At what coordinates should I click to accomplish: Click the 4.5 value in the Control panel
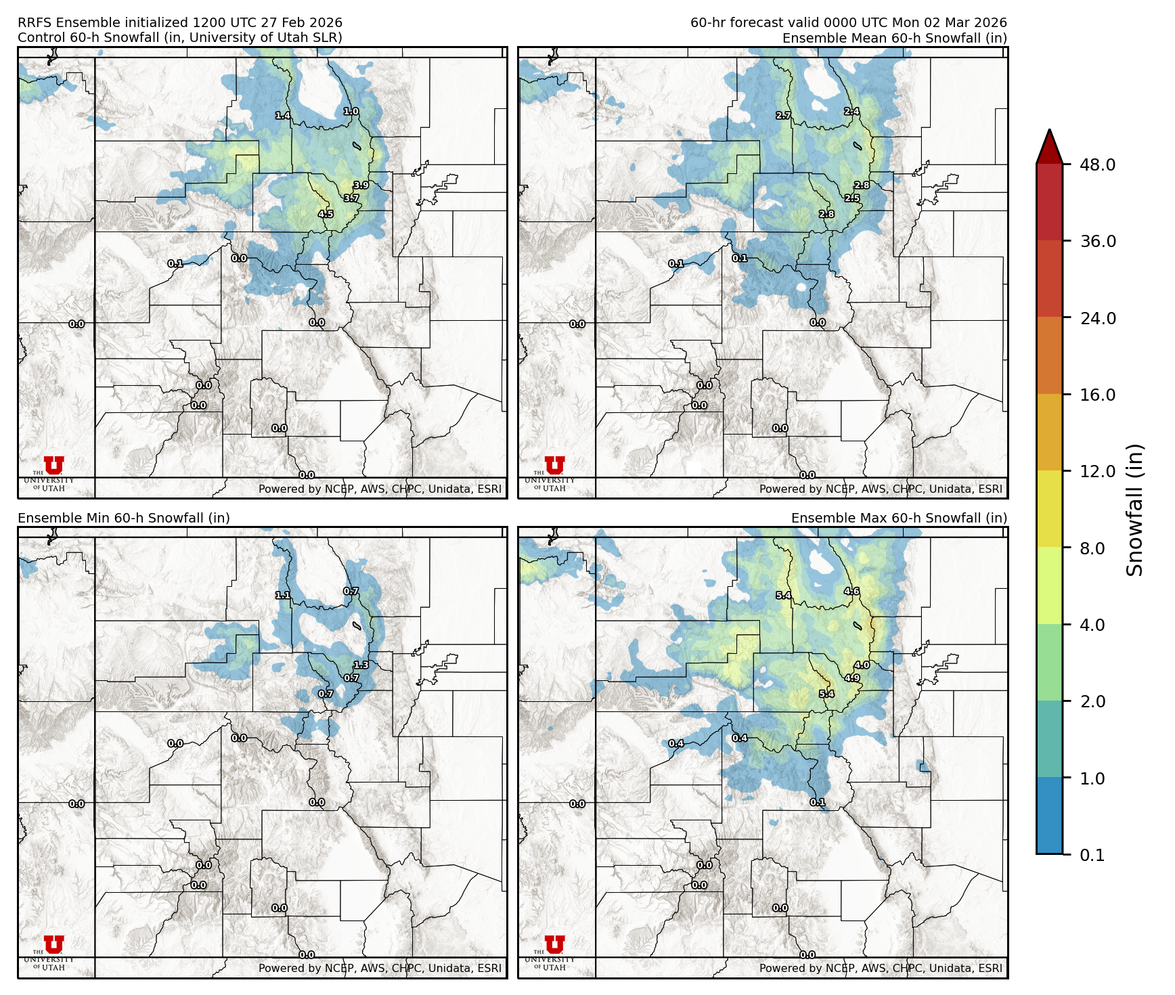coord(326,214)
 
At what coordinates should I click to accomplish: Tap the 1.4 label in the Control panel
coord(283,116)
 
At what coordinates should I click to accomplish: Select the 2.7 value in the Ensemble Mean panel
coord(783,116)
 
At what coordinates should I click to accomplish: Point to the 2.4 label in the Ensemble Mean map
coord(851,112)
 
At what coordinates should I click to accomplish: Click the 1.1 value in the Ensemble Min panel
coord(283,596)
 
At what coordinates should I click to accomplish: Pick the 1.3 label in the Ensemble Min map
coord(361,665)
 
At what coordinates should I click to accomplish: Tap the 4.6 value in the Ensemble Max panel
coord(851,592)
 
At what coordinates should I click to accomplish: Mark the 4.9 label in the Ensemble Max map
coord(851,678)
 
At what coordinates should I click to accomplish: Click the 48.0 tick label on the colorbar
coord(1097,164)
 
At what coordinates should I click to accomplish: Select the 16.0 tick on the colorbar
coord(1097,395)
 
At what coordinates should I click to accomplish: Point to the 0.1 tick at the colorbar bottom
coord(1092,855)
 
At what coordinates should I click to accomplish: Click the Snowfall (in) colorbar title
coord(1135,509)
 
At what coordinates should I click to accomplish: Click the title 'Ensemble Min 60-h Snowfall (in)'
coord(124,518)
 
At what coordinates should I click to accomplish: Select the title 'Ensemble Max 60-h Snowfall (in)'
coord(899,518)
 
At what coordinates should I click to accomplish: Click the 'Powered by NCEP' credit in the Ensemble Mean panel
coord(881,489)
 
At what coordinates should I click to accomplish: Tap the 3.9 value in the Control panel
coord(361,185)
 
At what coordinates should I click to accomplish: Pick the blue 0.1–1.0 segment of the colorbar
coord(1049,816)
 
